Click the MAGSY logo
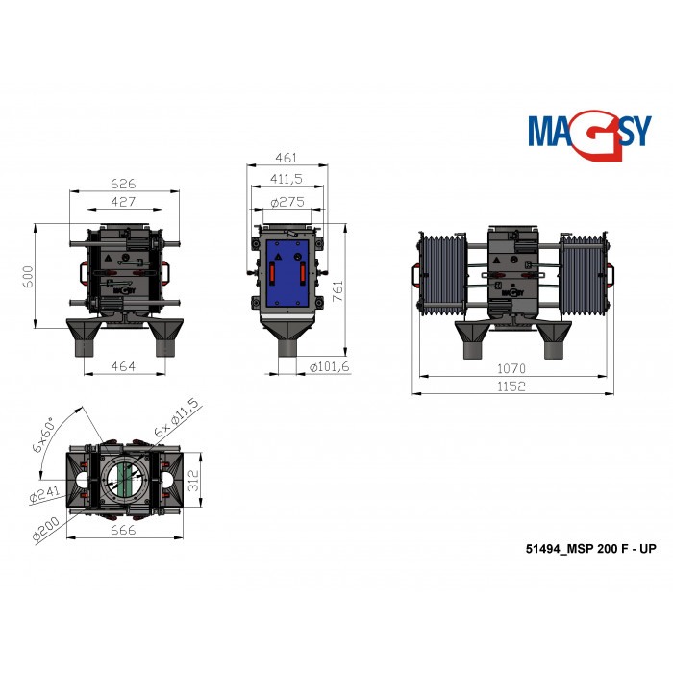(x=588, y=129)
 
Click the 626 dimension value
(x=121, y=183)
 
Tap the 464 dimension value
(x=121, y=366)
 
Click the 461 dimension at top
(x=286, y=158)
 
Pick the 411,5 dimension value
(x=286, y=179)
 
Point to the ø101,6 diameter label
(x=330, y=366)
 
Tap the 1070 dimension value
(x=511, y=368)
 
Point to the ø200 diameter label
(x=43, y=531)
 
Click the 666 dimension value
(x=121, y=531)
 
